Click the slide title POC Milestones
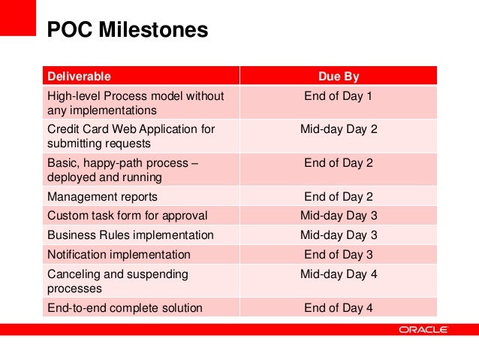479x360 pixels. coord(127,30)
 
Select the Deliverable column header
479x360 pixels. coord(79,76)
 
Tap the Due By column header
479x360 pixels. coord(339,76)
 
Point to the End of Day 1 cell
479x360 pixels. coord(338,96)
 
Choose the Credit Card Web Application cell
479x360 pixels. coord(131,136)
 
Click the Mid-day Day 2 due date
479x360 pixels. coord(339,129)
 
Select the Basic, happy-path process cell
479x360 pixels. coord(122,169)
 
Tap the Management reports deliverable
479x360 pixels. coord(102,197)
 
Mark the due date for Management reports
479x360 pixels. coord(338,197)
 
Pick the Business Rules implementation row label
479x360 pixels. coord(131,235)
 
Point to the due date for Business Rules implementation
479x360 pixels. coord(339,235)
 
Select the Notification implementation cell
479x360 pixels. coord(119,255)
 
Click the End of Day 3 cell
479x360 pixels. coord(338,255)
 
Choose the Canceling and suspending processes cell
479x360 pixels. coord(117,281)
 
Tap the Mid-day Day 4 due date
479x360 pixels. coord(339,274)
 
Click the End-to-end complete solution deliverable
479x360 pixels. coord(125,307)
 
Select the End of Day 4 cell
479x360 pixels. coord(338,307)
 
